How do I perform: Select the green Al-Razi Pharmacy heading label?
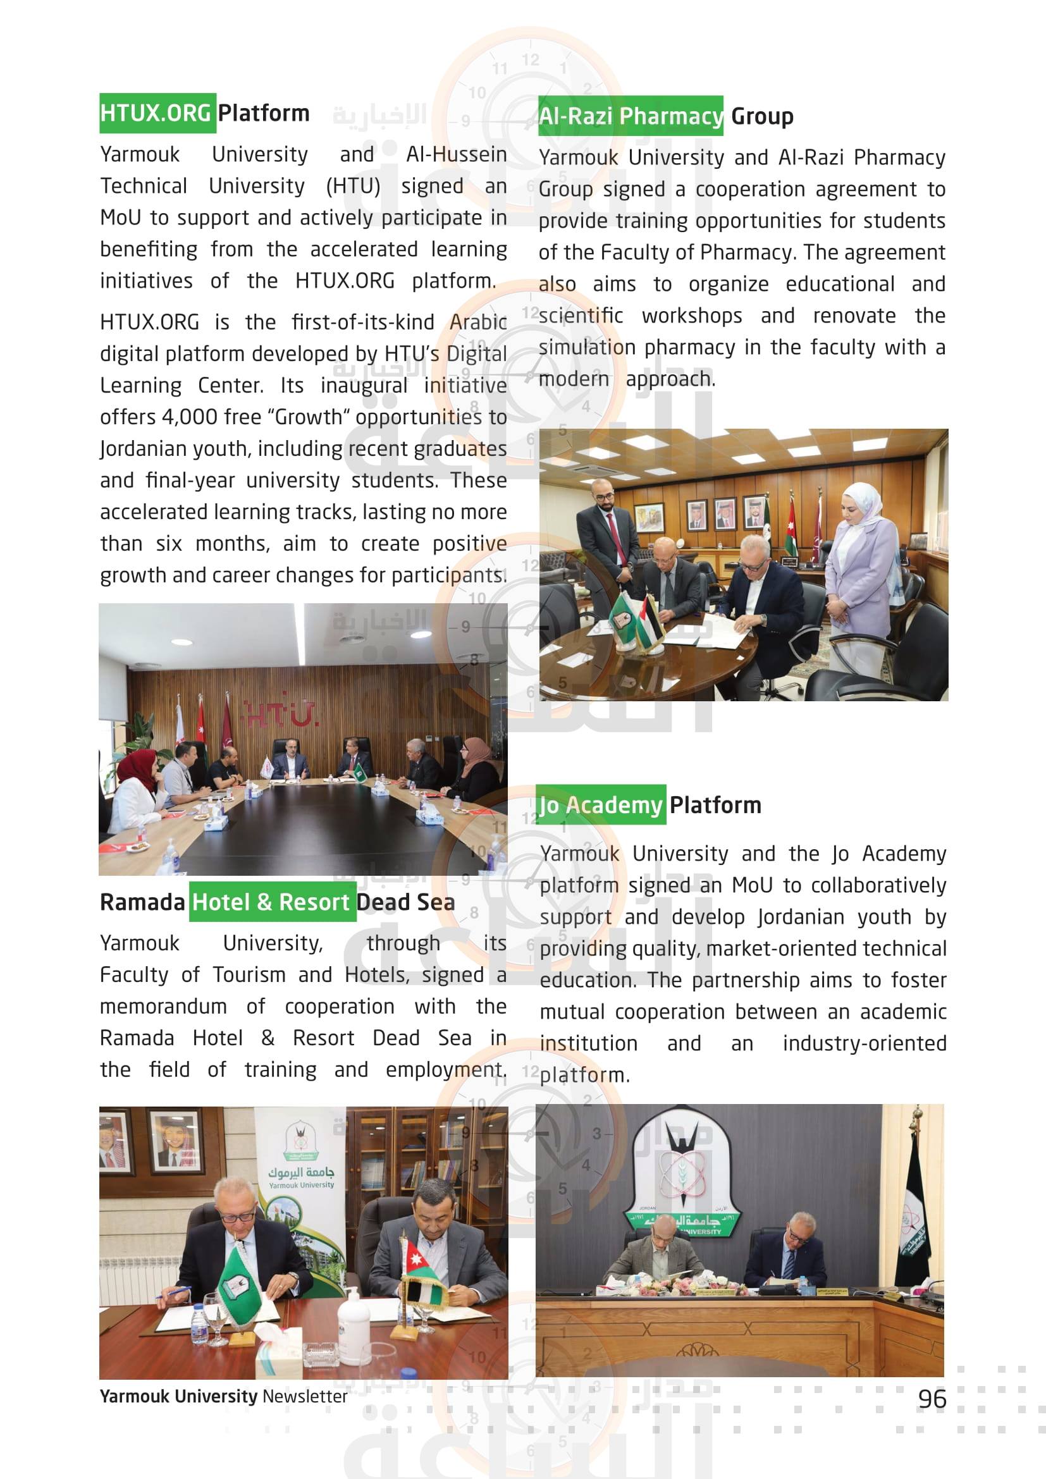point(631,116)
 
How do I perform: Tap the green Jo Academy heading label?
point(600,804)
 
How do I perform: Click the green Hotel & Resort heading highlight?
point(272,902)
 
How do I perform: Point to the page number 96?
point(932,1399)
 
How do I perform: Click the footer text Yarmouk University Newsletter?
point(223,1396)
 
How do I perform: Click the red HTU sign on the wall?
point(281,715)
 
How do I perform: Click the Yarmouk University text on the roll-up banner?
point(301,1178)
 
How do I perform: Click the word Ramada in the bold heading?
point(142,902)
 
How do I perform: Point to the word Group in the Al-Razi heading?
point(761,116)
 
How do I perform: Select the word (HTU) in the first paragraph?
point(353,185)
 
